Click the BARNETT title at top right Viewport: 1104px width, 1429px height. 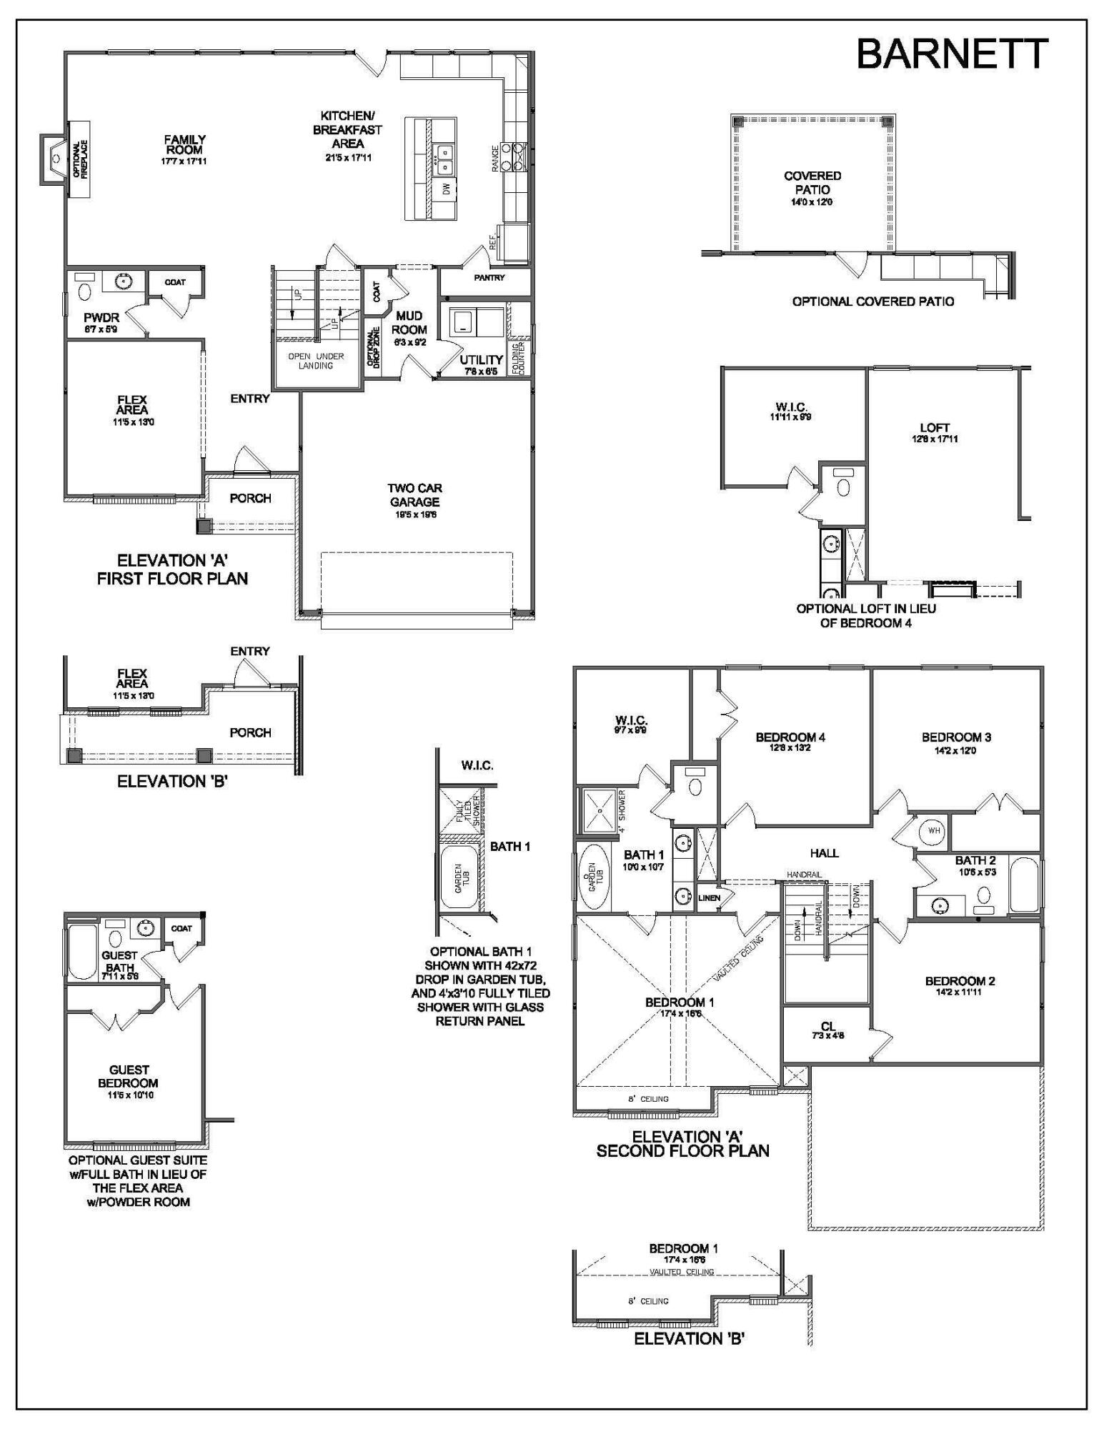coord(952,54)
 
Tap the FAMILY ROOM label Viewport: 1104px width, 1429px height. coord(184,145)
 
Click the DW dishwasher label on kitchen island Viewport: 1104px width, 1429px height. coord(446,189)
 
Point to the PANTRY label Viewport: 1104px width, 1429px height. coord(489,277)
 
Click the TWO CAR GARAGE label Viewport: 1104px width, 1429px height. coord(414,495)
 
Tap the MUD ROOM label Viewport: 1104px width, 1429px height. coord(409,323)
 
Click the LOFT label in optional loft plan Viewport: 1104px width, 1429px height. coord(935,428)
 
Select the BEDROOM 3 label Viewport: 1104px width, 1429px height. coord(955,737)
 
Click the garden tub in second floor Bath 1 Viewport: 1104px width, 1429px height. coord(593,876)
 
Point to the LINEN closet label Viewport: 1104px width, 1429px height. coord(709,898)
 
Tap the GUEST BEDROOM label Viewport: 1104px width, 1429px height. coord(129,1076)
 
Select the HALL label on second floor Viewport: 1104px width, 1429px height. coord(824,853)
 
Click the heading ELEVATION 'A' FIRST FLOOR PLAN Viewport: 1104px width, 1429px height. coord(172,569)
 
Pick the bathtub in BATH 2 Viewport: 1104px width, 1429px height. coord(1024,886)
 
